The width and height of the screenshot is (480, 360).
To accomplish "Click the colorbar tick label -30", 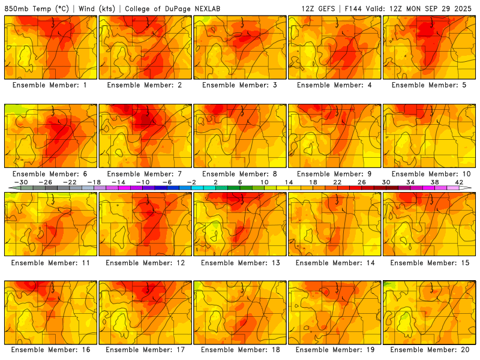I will click(21, 182).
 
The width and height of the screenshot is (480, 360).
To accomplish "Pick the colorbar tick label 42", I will click(459, 182).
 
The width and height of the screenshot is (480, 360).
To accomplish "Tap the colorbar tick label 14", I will click(289, 182).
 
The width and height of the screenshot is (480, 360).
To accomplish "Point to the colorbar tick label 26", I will click(361, 182).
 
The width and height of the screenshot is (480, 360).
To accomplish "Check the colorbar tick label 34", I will click(410, 182).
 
